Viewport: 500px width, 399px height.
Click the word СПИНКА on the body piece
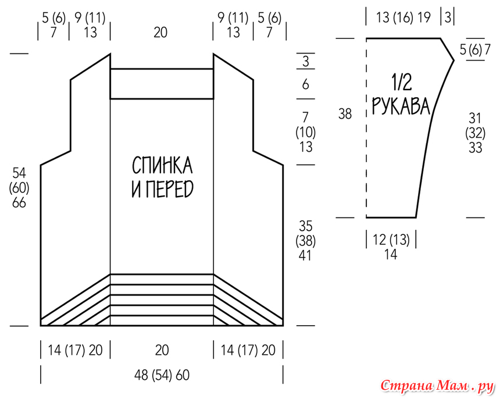pos(162,165)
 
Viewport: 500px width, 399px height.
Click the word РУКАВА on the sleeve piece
pos(401,106)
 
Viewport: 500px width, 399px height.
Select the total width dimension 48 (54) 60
pos(162,375)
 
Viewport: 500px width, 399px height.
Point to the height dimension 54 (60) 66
pos(19,188)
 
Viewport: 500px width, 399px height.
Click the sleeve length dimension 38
pos(345,114)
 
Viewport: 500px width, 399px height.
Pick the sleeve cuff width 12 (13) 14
pos(391,247)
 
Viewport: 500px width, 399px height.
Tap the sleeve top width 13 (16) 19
pos(403,17)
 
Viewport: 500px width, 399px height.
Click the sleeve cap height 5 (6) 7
pos(475,50)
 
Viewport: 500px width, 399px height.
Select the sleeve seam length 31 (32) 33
pos(475,133)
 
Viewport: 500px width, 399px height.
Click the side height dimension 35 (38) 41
pos(305,241)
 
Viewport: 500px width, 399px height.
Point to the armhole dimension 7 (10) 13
pos(305,132)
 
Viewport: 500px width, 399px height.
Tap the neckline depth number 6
pos(305,84)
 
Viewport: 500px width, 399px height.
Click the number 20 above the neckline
pos(160,33)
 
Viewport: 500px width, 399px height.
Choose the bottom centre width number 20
pos(162,350)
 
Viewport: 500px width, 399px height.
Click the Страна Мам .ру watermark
pos(437,386)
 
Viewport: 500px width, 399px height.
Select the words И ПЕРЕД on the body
pos(163,189)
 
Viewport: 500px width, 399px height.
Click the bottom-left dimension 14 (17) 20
pos(75,350)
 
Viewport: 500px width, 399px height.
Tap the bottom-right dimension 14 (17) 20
pos(248,350)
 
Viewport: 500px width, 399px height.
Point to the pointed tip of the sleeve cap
pos(453,60)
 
